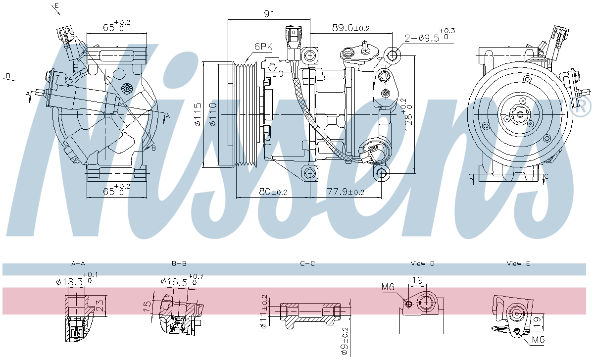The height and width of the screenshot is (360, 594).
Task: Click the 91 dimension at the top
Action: (x=269, y=14)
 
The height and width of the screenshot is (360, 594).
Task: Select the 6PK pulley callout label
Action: (x=263, y=47)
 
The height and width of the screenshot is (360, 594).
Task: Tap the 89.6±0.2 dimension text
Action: (x=351, y=28)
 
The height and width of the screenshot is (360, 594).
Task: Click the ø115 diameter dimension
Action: (x=198, y=114)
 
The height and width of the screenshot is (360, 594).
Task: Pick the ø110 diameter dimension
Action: (x=213, y=114)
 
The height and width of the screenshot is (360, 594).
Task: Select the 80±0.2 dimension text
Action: (x=273, y=192)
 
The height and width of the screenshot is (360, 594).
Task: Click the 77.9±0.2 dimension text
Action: (x=346, y=192)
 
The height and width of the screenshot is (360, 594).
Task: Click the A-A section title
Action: (x=78, y=263)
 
